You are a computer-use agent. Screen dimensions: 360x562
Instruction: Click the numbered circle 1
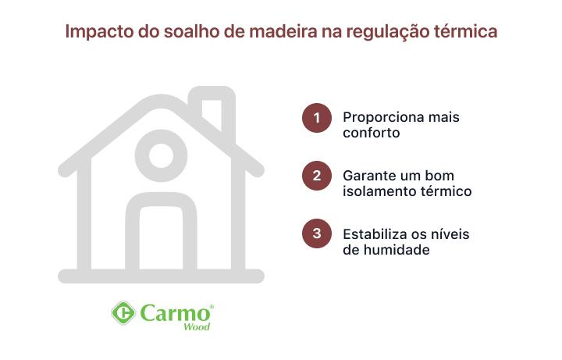click(317, 117)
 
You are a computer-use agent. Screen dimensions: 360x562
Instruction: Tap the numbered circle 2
click(317, 175)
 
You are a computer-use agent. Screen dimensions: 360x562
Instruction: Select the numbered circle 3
click(317, 233)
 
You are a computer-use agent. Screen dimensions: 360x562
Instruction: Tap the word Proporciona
click(380, 117)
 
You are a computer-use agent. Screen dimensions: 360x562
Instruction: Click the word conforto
click(372, 133)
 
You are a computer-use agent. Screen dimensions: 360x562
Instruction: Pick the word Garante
click(368, 175)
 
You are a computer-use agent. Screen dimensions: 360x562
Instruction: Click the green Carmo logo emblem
click(123, 314)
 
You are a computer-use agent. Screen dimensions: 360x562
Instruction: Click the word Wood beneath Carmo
click(196, 327)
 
